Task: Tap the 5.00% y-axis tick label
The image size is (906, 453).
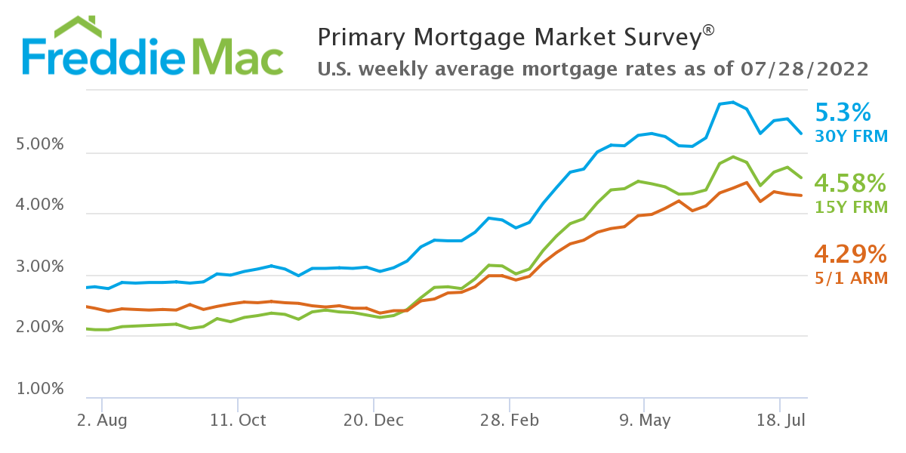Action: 39,144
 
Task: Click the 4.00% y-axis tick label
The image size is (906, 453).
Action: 39,205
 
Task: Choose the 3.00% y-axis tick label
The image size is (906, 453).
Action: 39,267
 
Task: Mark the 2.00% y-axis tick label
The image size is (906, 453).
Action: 39,328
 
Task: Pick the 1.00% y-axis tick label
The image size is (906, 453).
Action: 39,390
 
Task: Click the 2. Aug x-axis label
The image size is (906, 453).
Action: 102,421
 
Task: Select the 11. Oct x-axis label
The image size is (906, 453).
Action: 238,421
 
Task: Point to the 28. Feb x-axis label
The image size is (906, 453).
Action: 509,421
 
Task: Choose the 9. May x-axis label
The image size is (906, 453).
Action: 644,421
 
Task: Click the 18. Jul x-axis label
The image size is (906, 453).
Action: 780,421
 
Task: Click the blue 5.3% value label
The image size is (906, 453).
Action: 843,113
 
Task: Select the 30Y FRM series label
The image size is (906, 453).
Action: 852,137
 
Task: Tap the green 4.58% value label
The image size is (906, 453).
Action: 850,183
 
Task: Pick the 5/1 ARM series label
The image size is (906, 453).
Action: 851,278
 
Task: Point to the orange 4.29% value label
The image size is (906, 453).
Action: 850,253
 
